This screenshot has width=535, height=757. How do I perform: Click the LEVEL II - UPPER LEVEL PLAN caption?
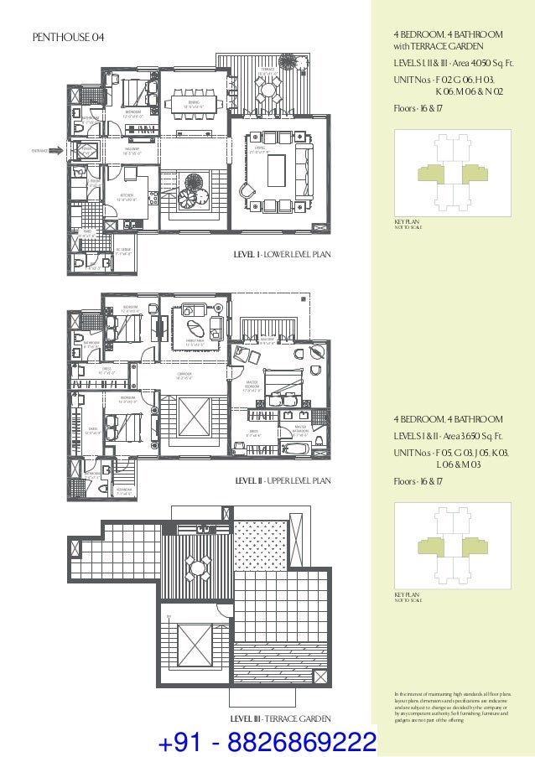pos(283,481)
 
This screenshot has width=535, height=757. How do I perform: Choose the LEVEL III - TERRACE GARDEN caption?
pos(284,719)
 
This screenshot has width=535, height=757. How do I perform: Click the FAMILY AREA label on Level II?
pos(196,341)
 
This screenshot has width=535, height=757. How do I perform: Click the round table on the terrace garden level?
pos(199,568)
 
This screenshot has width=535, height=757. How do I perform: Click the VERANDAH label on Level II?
pos(122,492)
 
